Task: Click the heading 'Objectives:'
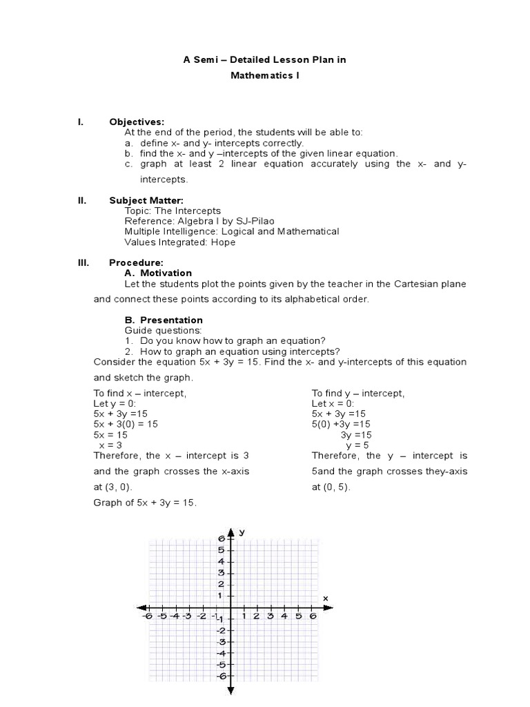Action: [137, 122]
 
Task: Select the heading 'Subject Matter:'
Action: [146, 201]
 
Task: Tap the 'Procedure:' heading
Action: [136, 263]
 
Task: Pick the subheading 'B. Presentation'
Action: [164, 320]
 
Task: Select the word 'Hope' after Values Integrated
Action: [224, 242]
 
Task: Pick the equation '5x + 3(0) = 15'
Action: [126, 424]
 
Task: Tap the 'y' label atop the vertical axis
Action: [242, 532]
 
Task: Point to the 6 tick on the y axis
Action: [222, 539]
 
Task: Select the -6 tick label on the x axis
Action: [146, 617]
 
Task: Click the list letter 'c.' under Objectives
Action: [129, 164]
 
